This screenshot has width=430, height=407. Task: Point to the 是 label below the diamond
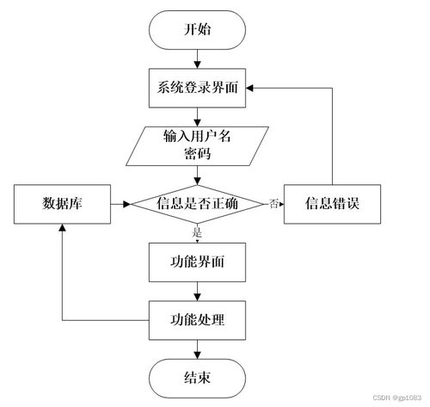pyautogui.click(x=197, y=231)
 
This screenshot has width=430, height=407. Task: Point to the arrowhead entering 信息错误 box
pyautogui.click(x=280, y=204)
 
